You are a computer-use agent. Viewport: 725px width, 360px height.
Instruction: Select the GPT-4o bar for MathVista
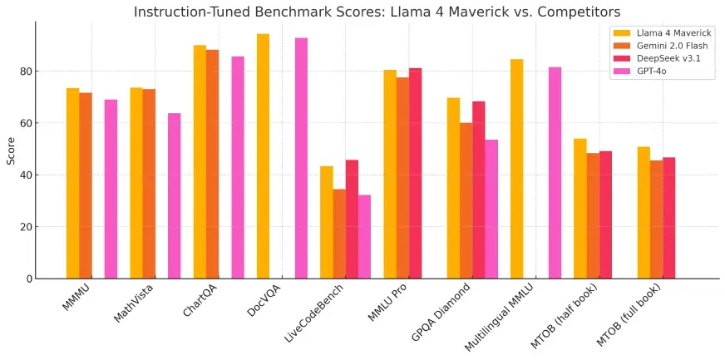click(x=175, y=195)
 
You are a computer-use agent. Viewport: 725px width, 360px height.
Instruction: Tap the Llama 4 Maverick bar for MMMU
click(x=73, y=183)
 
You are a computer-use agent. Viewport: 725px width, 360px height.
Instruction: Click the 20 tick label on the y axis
click(x=27, y=227)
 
